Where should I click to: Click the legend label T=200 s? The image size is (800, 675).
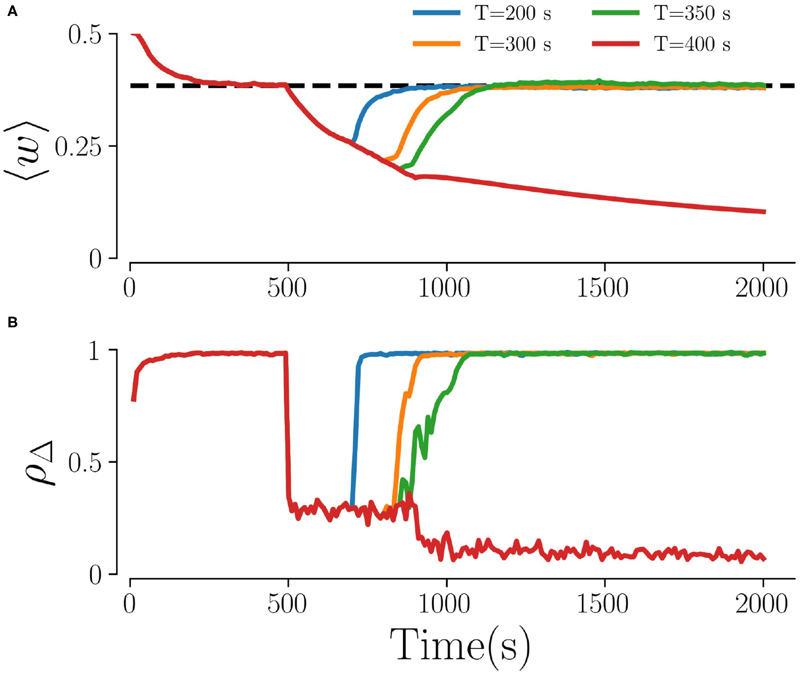pos(513,13)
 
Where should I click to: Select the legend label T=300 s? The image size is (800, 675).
pos(513,44)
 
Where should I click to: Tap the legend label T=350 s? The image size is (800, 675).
pos(692,13)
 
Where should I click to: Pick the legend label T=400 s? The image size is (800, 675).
pos(692,44)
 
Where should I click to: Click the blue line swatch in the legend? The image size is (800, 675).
pos(437,13)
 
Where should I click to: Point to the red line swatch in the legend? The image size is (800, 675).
pos(616,43)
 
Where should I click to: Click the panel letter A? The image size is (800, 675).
pos(12,12)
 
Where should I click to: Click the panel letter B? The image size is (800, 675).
pos(12,322)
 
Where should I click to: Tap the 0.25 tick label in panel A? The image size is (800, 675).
pos(78,147)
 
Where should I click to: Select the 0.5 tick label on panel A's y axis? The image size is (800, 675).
pos(85,35)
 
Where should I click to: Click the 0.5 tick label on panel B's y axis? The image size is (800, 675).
pos(85,463)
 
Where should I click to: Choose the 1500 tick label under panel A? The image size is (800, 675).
pos(603,288)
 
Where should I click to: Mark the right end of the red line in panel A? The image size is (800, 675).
pos(765,212)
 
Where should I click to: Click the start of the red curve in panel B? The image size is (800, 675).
pos(133,400)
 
